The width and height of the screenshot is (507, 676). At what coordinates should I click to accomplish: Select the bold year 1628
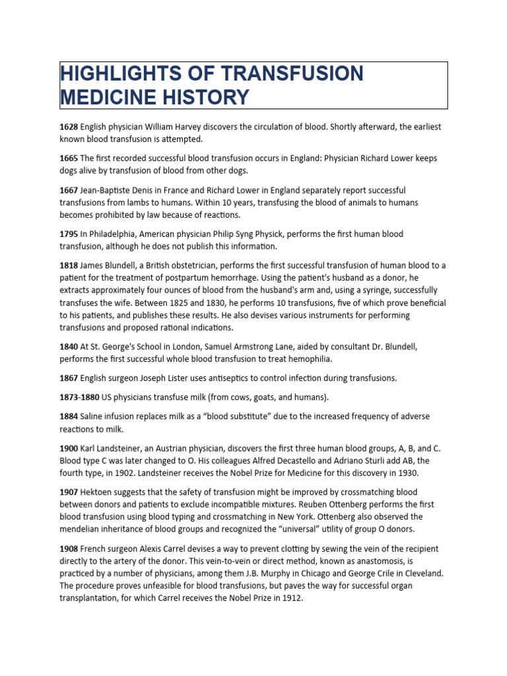click(69, 126)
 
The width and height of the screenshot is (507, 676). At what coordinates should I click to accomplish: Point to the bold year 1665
click(69, 158)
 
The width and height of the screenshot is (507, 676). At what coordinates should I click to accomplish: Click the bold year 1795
click(69, 234)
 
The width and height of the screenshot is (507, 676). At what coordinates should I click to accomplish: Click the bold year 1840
click(69, 347)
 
